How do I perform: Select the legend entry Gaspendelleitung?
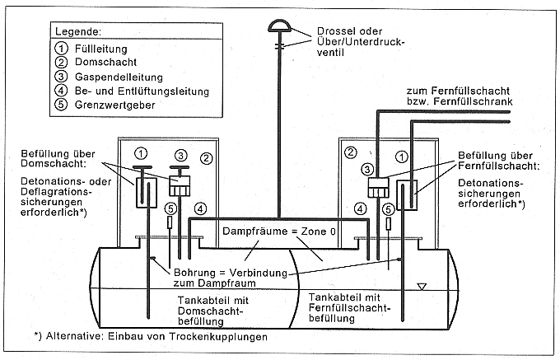[x=119, y=77]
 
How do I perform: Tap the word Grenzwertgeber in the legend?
[x=114, y=105]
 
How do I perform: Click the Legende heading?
[x=78, y=31]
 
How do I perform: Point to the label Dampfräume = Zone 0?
[x=279, y=231]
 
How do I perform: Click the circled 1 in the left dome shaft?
[x=142, y=153]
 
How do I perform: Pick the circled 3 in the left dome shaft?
[x=181, y=156]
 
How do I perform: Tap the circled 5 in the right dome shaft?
[x=389, y=209]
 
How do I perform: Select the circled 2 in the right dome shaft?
[x=350, y=153]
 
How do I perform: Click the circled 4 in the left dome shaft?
[x=200, y=209]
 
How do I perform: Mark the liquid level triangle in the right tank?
[x=422, y=287]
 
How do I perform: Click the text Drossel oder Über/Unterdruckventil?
[x=361, y=42]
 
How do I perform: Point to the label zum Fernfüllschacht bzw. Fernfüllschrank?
[x=460, y=96]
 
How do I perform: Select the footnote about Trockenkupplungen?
[x=151, y=336]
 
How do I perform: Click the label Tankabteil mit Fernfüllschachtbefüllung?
[x=350, y=307]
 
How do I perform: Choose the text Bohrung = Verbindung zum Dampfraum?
[x=231, y=278]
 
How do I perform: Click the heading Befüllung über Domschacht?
[x=58, y=158]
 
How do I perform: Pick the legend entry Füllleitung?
[x=100, y=49]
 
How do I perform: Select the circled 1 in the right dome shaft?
[x=402, y=157]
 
